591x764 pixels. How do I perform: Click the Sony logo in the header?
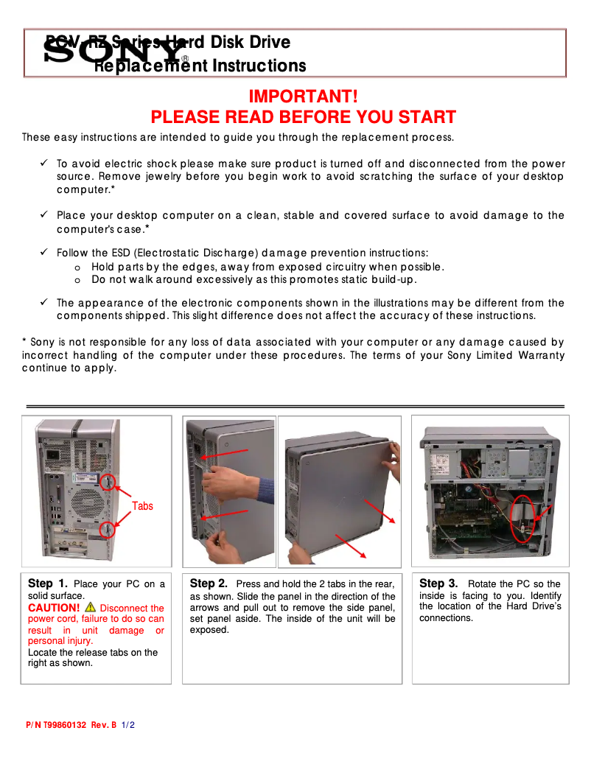(115, 52)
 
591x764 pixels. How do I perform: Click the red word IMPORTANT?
(303, 97)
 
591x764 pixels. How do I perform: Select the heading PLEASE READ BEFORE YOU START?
(303, 117)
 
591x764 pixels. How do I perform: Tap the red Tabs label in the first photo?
(142, 506)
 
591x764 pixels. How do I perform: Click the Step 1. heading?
(48, 583)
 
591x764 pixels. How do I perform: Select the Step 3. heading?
(438, 583)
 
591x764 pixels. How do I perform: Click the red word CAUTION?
(54, 608)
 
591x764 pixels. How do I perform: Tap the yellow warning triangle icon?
(90, 607)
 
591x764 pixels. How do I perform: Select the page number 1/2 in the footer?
(128, 725)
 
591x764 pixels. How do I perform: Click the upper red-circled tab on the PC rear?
(108, 483)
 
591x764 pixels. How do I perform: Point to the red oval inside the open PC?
(523, 519)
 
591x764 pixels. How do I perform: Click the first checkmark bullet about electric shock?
(44, 164)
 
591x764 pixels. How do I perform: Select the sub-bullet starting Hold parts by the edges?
(267, 267)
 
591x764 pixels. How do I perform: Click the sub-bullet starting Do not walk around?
(253, 279)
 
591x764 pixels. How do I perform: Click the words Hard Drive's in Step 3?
(534, 606)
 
